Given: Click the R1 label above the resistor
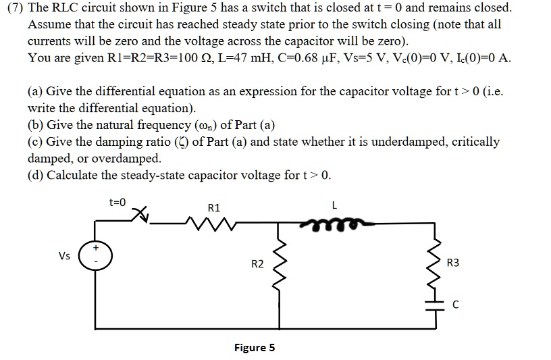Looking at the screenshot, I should [x=214, y=207].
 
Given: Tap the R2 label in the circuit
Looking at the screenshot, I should [x=257, y=263].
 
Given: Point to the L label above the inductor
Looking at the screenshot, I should [x=335, y=207].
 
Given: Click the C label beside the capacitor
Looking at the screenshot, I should [x=456, y=306].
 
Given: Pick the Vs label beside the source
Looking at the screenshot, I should [x=65, y=256].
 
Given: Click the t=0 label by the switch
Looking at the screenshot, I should [x=117, y=201].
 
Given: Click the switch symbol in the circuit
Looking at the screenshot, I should [x=142, y=216].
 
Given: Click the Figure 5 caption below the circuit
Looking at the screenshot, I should [x=254, y=348].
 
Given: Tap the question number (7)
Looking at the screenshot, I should [x=16, y=9].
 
